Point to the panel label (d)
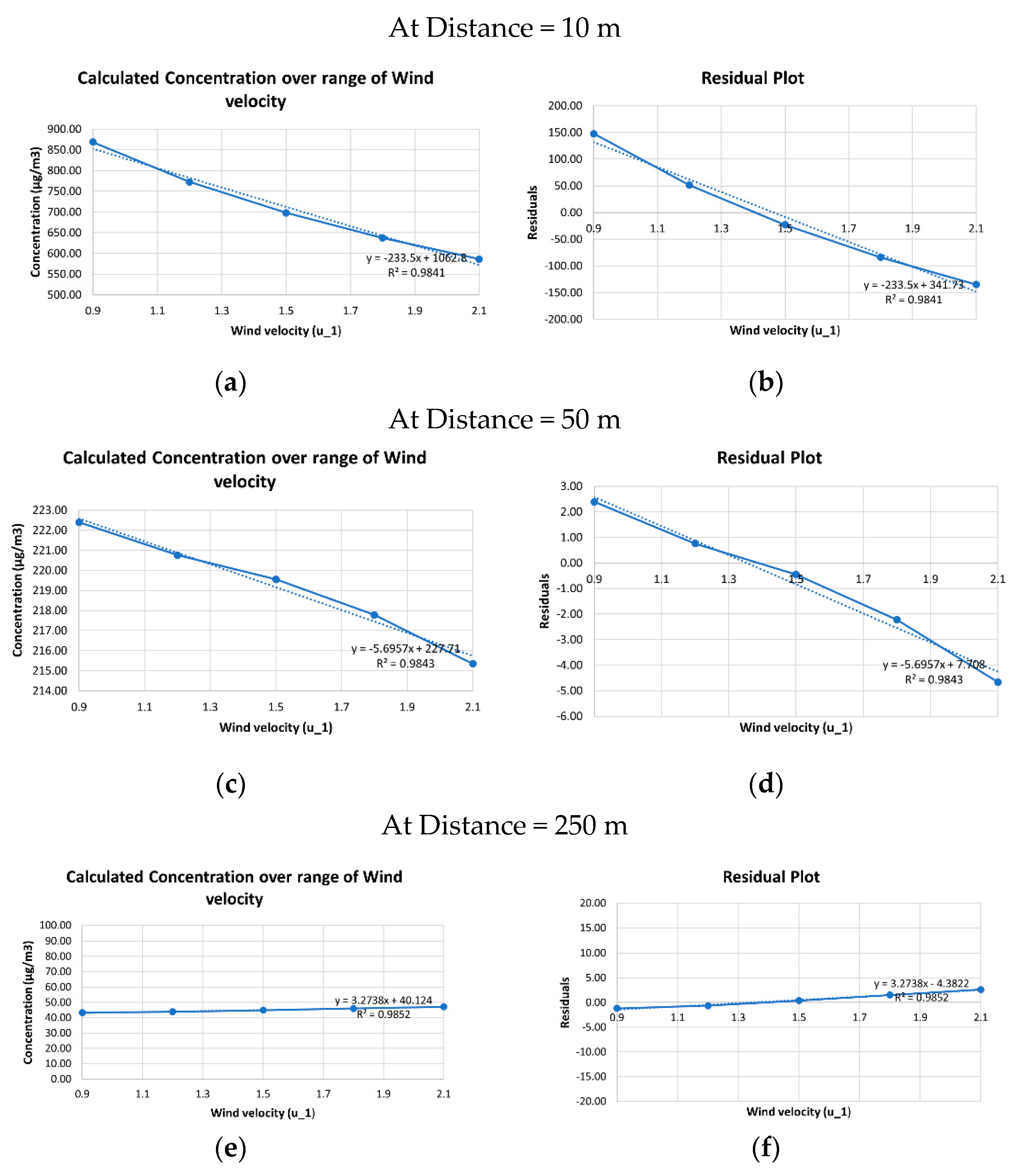pos(765,784)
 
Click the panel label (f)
pos(765,1148)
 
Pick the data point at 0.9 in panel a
pos(93,142)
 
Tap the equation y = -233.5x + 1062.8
pos(416,258)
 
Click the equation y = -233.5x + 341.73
pos(913,285)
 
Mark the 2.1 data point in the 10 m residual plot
pos(976,284)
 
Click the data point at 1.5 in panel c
pos(276,579)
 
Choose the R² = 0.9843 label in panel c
pos(405,664)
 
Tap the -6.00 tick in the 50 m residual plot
pos(569,716)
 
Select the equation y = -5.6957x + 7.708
pos(933,665)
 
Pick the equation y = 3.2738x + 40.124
pos(383,1000)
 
